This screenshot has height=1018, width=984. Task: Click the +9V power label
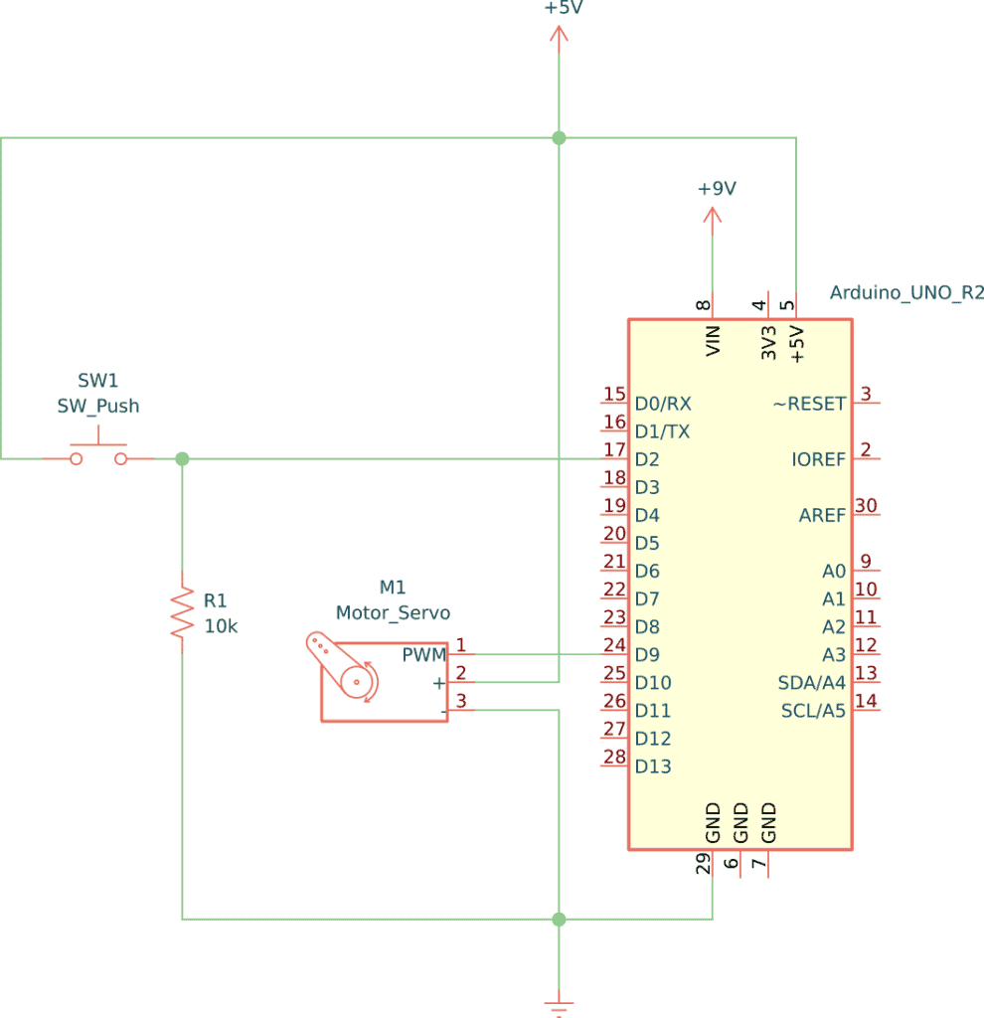[x=716, y=189]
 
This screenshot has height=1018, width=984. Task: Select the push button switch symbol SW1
[x=98, y=452]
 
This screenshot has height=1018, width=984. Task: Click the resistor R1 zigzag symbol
[x=182, y=611]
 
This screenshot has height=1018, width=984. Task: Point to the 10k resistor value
[x=221, y=626]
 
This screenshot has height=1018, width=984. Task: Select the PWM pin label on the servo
[x=423, y=655]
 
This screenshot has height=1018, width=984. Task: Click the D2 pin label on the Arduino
[x=648, y=459]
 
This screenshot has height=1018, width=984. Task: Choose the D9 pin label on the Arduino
[x=648, y=655]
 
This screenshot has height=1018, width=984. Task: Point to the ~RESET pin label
[x=809, y=404]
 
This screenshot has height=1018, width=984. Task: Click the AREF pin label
[x=822, y=515]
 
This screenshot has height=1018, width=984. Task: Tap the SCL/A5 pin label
[x=813, y=711]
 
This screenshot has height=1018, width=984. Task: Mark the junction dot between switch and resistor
[x=182, y=459]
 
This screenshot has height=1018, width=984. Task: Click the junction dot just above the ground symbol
[x=559, y=920]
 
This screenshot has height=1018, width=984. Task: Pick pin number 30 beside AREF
[x=866, y=506]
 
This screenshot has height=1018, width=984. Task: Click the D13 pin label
[x=653, y=766]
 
